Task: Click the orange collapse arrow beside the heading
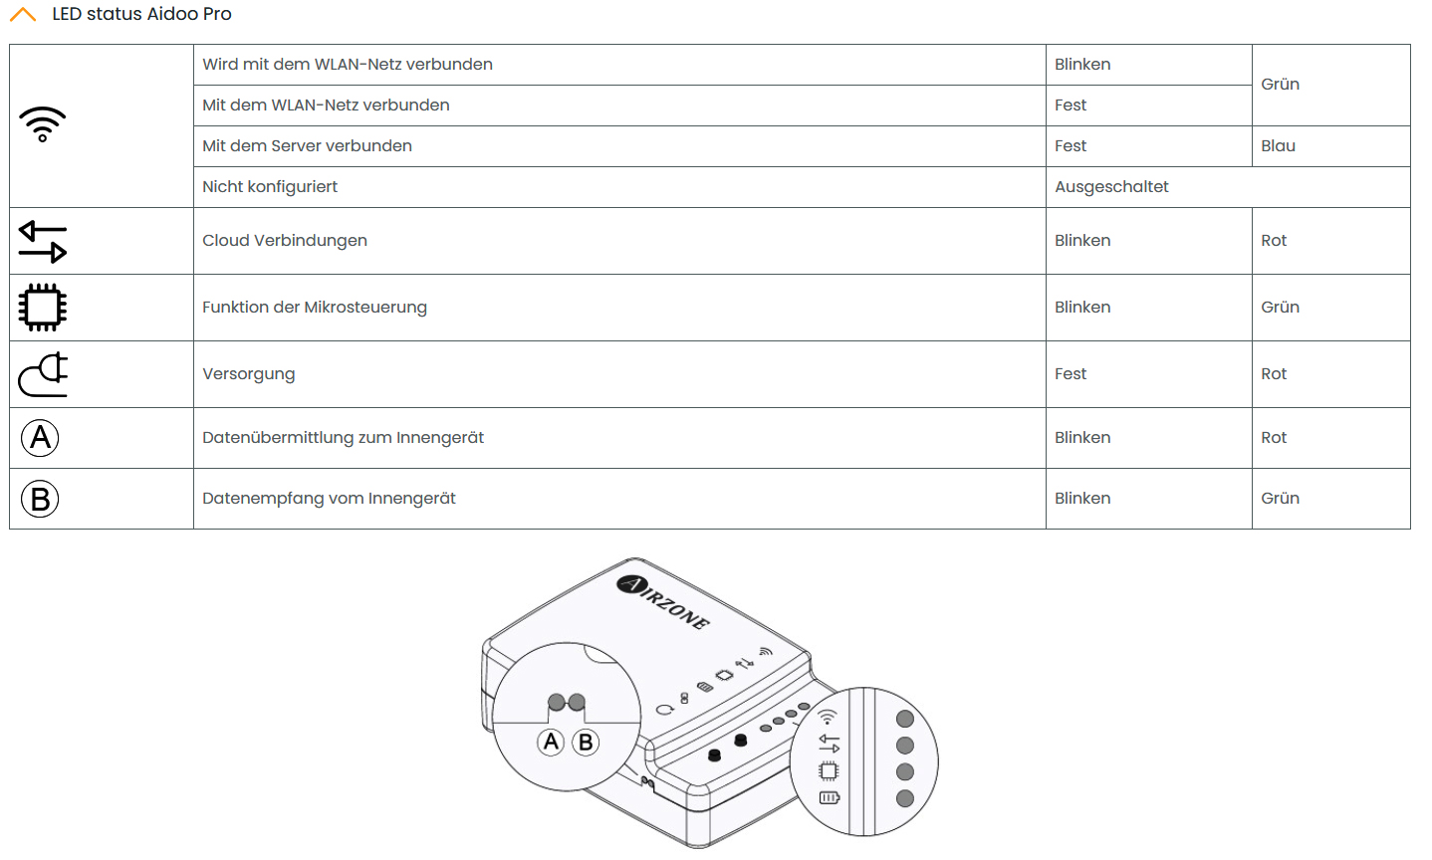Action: click(x=22, y=15)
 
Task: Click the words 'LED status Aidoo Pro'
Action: click(x=141, y=14)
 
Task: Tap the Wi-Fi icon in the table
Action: click(x=43, y=124)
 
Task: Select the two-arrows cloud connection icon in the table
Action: click(x=43, y=241)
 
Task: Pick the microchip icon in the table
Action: click(x=43, y=308)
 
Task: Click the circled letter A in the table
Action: click(x=41, y=438)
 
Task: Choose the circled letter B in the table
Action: click(x=41, y=499)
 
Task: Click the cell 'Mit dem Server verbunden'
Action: click(x=307, y=146)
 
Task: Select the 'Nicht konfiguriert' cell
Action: click(x=270, y=187)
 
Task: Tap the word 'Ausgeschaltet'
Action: click(x=1111, y=187)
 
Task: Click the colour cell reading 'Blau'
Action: click(x=1278, y=146)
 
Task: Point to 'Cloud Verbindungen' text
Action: click(x=285, y=241)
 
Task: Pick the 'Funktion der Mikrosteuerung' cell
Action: click(x=315, y=308)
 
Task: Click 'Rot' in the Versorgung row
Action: click(x=1274, y=374)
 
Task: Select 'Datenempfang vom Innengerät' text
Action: click(x=329, y=499)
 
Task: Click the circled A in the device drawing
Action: click(x=551, y=742)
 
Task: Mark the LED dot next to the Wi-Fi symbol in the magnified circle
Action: click(x=905, y=719)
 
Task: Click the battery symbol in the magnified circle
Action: click(x=830, y=797)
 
